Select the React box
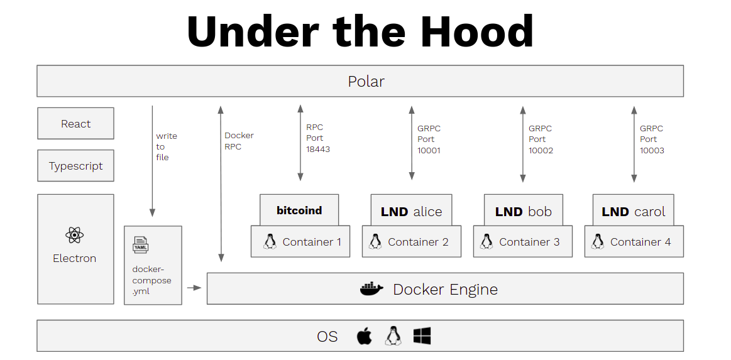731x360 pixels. click(75, 124)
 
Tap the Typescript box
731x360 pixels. click(75, 166)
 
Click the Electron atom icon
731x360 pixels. click(74, 236)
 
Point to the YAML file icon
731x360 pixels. click(141, 244)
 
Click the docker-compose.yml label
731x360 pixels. click(151, 280)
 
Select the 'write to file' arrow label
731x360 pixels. click(167, 146)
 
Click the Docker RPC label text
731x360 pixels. click(239, 141)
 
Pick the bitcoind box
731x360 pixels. click(299, 210)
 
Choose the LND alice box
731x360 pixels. click(411, 212)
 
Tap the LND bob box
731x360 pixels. click(523, 212)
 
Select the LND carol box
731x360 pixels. click(633, 212)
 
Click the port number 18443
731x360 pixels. click(318, 150)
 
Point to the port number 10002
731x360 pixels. click(541, 151)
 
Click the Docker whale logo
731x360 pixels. click(371, 289)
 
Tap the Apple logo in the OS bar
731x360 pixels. click(364, 336)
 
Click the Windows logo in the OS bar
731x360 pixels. click(422, 336)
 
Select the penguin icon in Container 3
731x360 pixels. click(486, 242)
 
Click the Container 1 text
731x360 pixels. click(312, 242)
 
